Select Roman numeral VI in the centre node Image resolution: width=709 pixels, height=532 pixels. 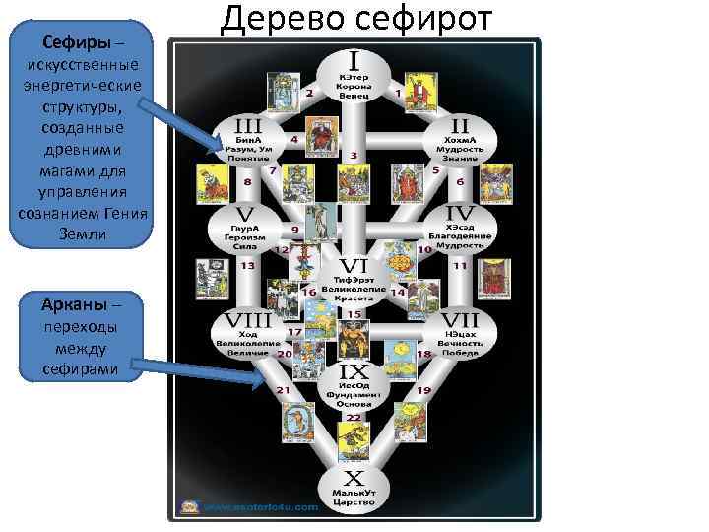pos(354,266)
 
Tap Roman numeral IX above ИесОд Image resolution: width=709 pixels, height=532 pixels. pos(354,372)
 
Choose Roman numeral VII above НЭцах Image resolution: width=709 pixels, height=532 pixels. pos(459,321)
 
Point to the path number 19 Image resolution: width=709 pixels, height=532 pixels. pos(424,391)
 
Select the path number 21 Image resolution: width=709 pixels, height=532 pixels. pos(284,391)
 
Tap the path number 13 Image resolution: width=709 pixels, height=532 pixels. pos(248,266)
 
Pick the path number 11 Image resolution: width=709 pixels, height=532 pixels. pos(460,266)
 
